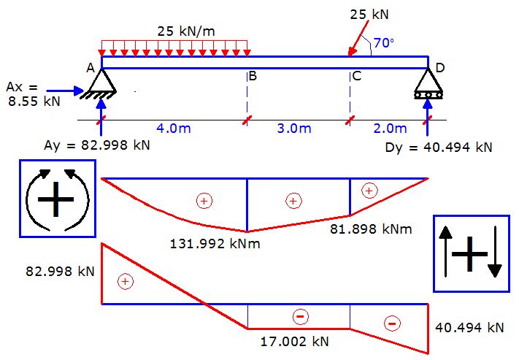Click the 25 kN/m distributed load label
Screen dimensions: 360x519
(191, 31)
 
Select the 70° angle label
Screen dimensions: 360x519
(384, 44)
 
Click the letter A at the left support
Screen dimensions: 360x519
(90, 69)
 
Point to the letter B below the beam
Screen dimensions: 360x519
(252, 76)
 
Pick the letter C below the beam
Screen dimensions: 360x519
(356, 76)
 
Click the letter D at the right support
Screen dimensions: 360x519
(440, 68)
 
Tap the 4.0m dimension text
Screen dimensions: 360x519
(174, 129)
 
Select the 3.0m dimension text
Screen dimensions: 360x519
(293, 129)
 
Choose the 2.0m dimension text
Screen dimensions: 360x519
(390, 129)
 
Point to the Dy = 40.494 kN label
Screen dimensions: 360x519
(438, 147)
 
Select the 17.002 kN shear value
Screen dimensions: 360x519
(294, 341)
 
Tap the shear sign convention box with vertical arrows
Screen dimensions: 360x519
(470, 253)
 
